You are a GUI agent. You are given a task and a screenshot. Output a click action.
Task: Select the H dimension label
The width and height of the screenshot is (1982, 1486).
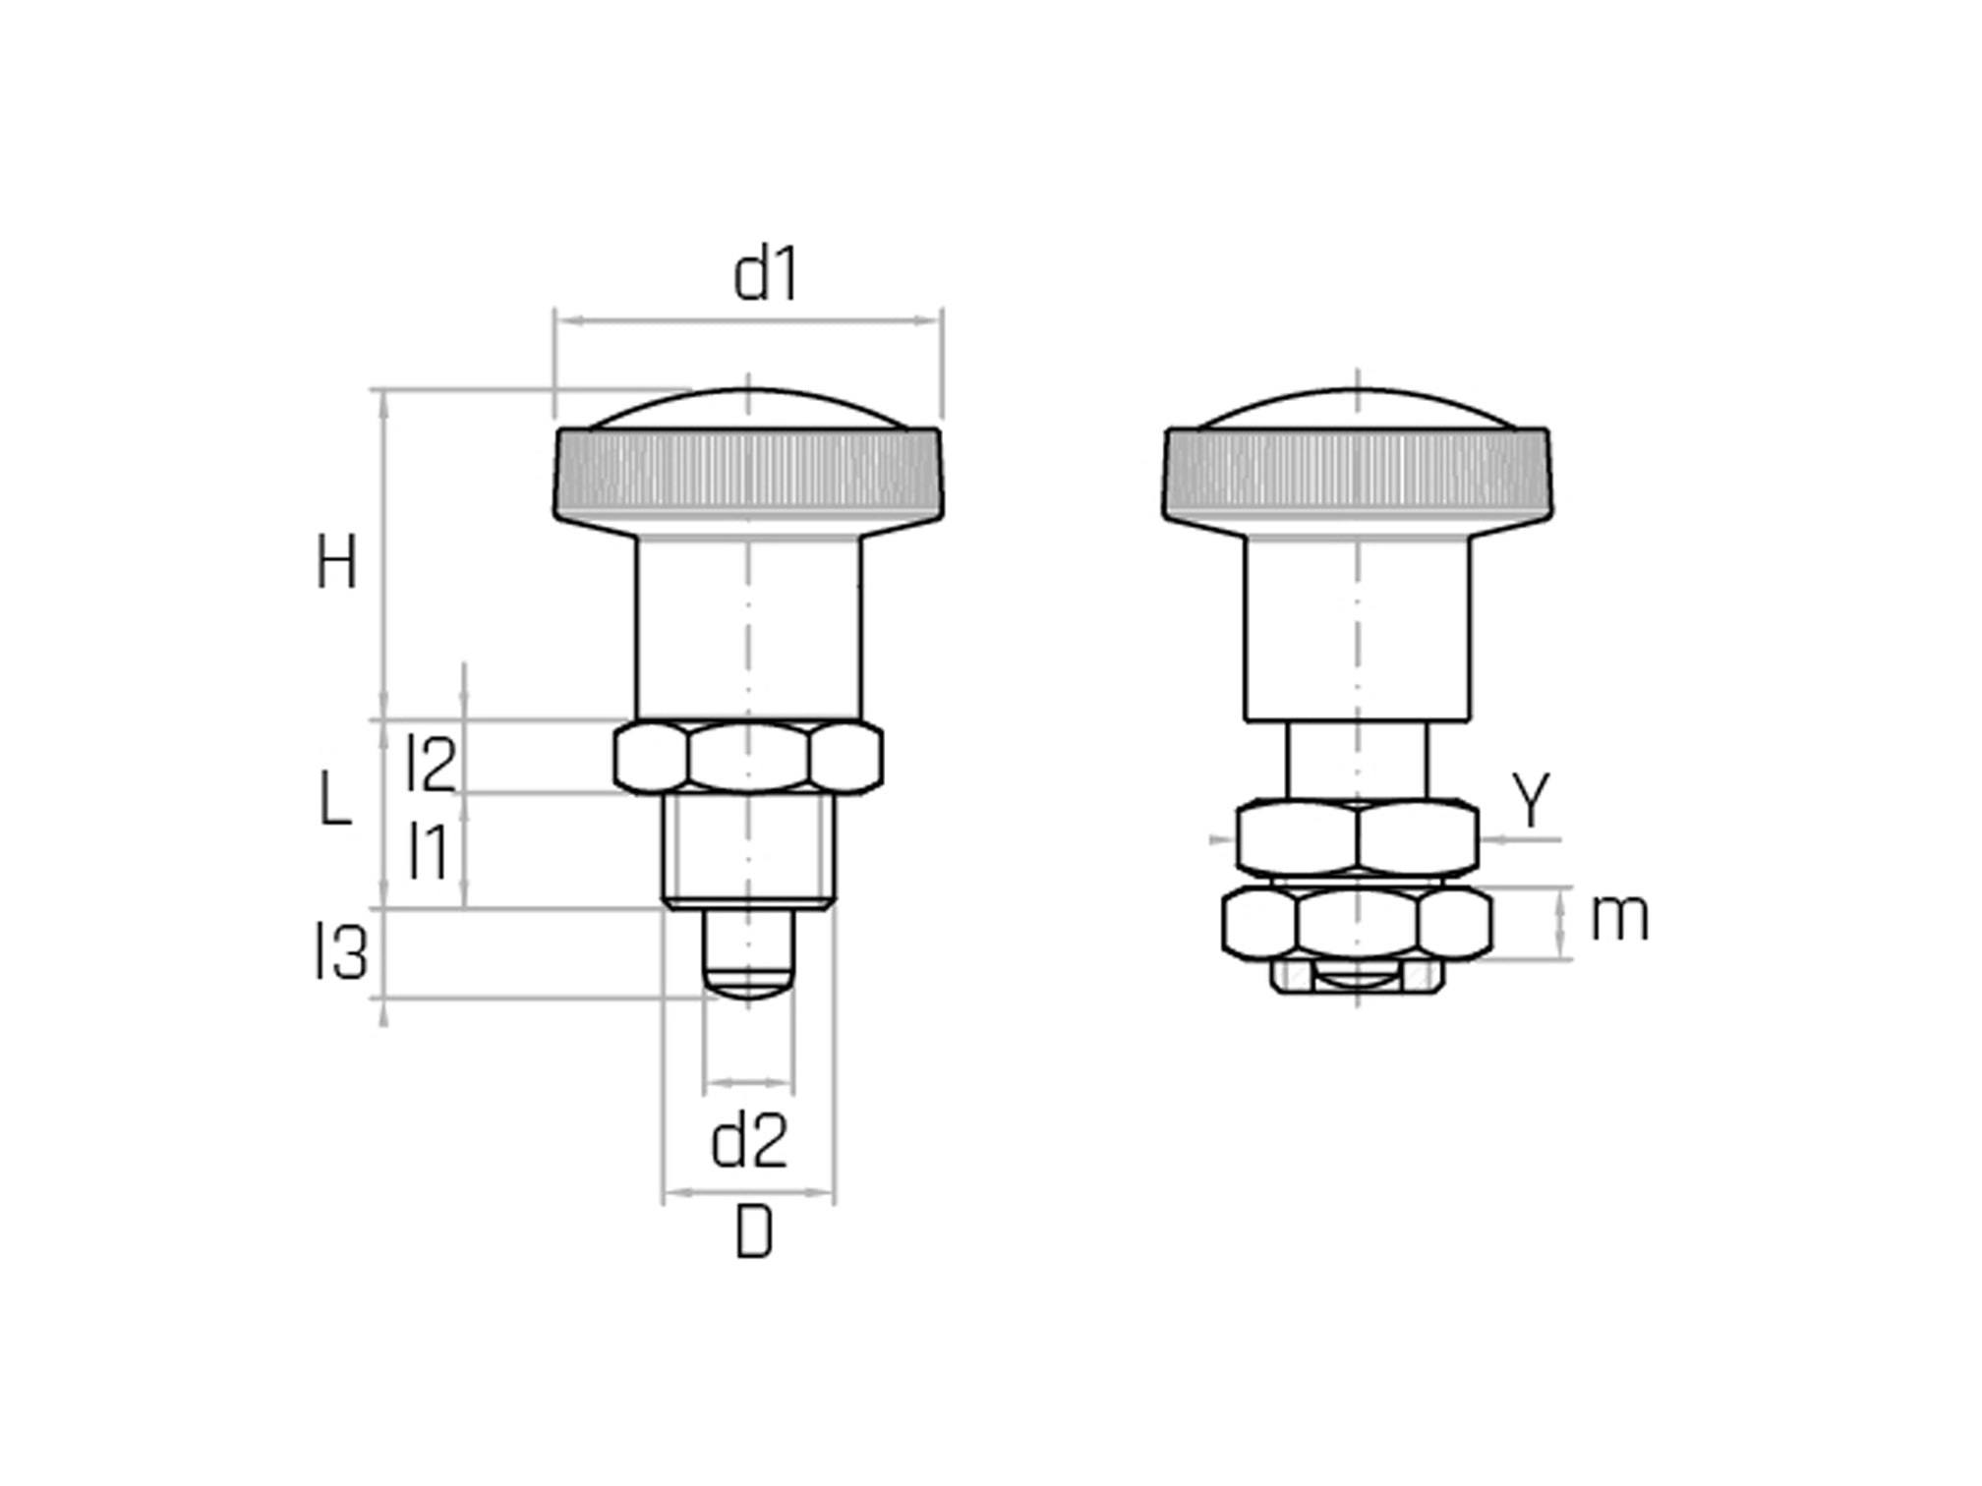(336, 562)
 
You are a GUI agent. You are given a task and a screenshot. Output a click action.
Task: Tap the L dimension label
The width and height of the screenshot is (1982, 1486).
(335, 798)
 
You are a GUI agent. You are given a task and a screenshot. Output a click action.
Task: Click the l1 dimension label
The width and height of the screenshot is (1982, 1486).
(430, 851)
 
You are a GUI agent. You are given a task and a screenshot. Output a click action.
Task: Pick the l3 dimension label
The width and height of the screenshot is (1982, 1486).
(340, 952)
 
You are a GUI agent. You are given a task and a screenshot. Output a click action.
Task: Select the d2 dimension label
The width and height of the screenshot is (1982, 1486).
(749, 1141)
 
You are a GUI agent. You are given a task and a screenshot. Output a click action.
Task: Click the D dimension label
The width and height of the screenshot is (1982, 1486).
(754, 1232)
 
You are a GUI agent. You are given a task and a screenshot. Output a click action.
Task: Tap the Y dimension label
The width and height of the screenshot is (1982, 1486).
(1531, 799)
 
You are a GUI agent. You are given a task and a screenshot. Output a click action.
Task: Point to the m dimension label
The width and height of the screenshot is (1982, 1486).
(1619, 917)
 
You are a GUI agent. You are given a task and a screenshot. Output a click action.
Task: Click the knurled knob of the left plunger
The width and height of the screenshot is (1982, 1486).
(748, 474)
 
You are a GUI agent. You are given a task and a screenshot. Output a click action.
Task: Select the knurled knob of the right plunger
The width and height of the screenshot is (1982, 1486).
(1358, 474)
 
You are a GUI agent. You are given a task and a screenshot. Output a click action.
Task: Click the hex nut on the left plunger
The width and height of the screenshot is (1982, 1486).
(748, 757)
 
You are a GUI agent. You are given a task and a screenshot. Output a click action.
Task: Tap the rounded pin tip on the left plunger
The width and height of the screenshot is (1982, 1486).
(748, 953)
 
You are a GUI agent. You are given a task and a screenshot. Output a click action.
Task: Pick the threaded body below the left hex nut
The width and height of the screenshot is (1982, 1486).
(748, 850)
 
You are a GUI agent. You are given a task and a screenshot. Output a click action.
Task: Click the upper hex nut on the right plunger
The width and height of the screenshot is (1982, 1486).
(1358, 837)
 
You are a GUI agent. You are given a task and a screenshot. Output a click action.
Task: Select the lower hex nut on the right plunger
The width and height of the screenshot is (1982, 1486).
(1358, 923)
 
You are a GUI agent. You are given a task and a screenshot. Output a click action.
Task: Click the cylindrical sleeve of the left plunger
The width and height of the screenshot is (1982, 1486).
(748, 629)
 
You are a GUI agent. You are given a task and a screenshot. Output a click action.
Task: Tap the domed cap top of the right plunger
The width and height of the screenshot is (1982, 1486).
(1358, 408)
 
